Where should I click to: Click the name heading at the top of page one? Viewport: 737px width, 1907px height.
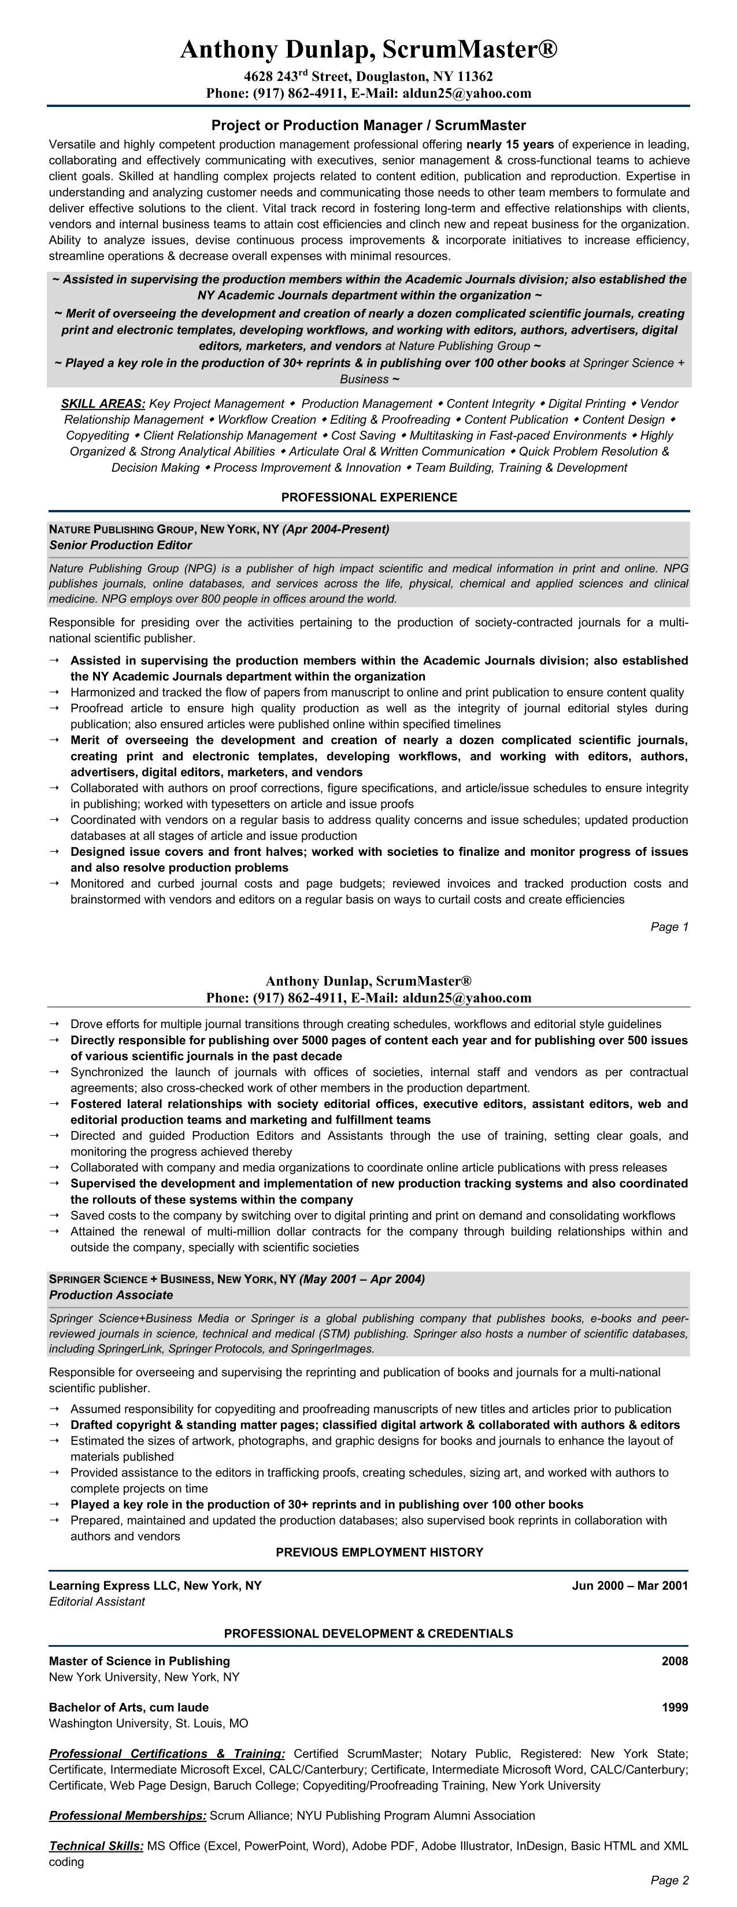pyautogui.click(x=369, y=50)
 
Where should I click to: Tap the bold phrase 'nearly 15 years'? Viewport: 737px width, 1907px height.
pyautogui.click(x=510, y=145)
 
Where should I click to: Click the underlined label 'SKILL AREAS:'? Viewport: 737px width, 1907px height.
pyautogui.click(x=103, y=404)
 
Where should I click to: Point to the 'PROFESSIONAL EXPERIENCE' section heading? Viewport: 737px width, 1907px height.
pyautogui.click(x=369, y=497)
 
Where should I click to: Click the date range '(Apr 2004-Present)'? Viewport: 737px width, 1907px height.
pyautogui.click(x=335, y=529)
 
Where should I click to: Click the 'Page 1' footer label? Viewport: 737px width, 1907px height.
pyautogui.click(x=669, y=927)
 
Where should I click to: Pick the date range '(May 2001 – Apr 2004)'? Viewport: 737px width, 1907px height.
pyautogui.click(x=362, y=1279)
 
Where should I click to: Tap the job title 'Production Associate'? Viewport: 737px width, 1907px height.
pyautogui.click(x=111, y=1295)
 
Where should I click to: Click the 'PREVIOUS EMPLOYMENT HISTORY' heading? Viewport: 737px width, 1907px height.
pyautogui.click(x=379, y=1553)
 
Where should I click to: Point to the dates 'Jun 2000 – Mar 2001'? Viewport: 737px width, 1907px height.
pyautogui.click(x=629, y=1586)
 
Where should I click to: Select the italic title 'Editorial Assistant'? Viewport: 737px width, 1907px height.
pyautogui.click(x=97, y=1602)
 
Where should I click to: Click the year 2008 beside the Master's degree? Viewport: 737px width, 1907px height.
pyautogui.click(x=674, y=1661)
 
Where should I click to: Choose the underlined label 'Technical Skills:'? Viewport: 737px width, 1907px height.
pyautogui.click(x=96, y=1846)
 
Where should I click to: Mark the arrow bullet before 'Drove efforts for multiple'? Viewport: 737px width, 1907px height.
pyautogui.click(x=55, y=1024)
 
